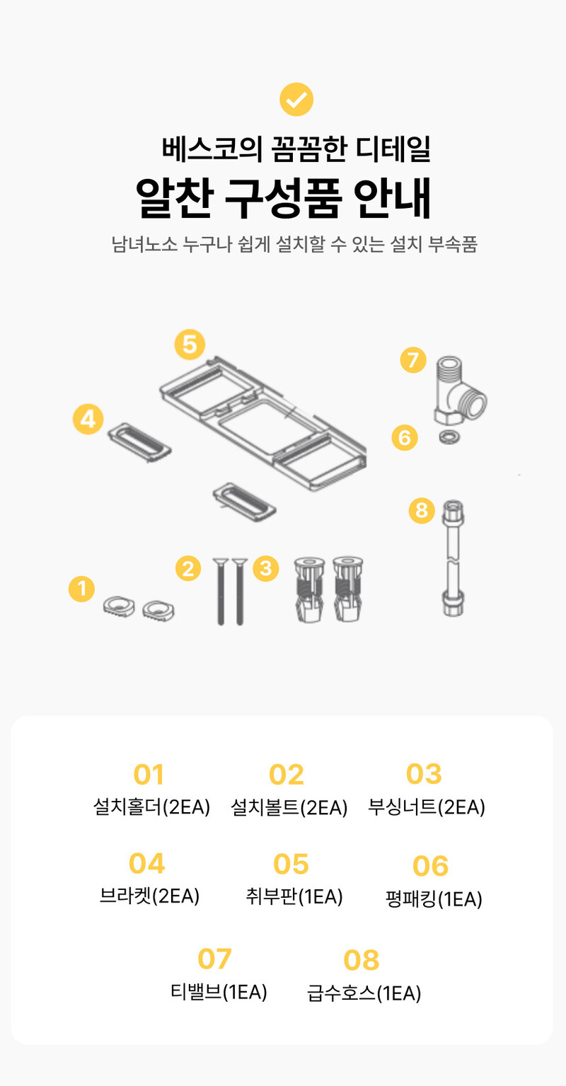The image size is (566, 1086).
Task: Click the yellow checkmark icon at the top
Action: point(296,99)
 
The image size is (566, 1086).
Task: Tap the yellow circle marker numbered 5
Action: point(190,345)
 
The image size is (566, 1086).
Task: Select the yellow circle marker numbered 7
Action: point(413,360)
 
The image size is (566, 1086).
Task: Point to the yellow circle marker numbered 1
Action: point(81,589)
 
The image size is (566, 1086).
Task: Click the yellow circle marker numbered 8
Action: point(422,511)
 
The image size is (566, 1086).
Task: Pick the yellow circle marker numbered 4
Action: point(88,419)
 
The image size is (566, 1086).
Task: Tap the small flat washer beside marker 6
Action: point(449,437)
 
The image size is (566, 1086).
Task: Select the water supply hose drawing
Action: point(453,558)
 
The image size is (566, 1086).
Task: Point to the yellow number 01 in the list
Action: point(149,774)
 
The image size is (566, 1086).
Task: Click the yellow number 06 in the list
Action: point(430,866)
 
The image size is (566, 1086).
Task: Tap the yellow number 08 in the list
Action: point(362,960)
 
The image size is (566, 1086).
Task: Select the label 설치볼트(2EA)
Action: point(289,807)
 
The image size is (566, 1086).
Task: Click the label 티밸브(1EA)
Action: point(219,991)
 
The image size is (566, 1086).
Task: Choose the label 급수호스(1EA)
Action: point(364,993)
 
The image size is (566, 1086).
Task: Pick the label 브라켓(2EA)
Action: point(149,896)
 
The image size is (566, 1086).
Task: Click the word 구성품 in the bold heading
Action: point(283,198)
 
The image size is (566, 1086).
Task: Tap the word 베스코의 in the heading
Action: point(212,149)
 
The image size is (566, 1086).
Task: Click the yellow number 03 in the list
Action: point(424,774)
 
